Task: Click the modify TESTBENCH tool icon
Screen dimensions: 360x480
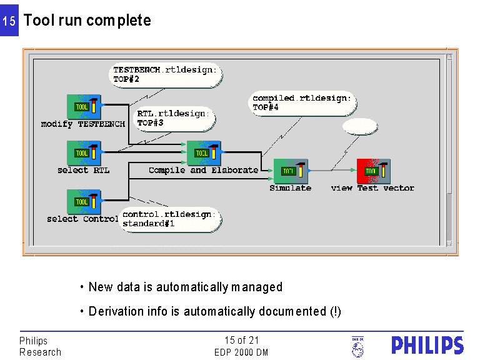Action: click(84, 107)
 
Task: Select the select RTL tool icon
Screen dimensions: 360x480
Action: click(84, 153)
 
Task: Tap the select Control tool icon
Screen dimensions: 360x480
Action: click(84, 202)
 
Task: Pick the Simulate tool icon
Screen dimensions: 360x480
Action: click(291, 171)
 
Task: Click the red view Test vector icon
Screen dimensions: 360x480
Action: click(373, 171)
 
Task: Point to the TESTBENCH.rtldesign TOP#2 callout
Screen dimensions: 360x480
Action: click(165, 75)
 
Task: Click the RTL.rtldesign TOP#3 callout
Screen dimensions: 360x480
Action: click(174, 118)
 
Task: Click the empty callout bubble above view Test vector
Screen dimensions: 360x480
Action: click(360, 127)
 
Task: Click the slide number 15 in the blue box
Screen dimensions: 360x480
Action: click(9, 21)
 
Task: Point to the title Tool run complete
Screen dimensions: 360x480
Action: click(87, 21)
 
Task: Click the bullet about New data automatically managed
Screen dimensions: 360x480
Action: click(185, 287)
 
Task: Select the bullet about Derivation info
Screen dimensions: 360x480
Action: click(214, 311)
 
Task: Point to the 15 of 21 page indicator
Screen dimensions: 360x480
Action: click(241, 341)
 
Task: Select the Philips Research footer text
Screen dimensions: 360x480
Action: click(40, 346)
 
